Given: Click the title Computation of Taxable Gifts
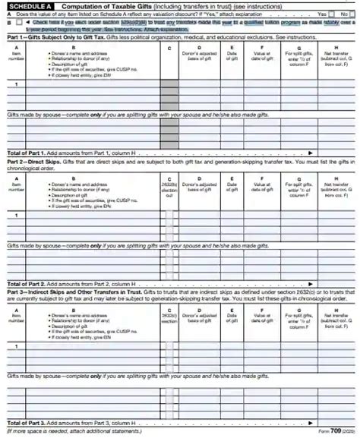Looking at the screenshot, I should point(122,6).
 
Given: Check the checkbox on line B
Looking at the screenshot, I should point(19,22).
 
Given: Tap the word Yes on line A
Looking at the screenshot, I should point(321,14).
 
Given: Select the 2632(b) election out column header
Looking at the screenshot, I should point(169,186).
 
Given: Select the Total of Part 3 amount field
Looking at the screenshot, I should point(335,422).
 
